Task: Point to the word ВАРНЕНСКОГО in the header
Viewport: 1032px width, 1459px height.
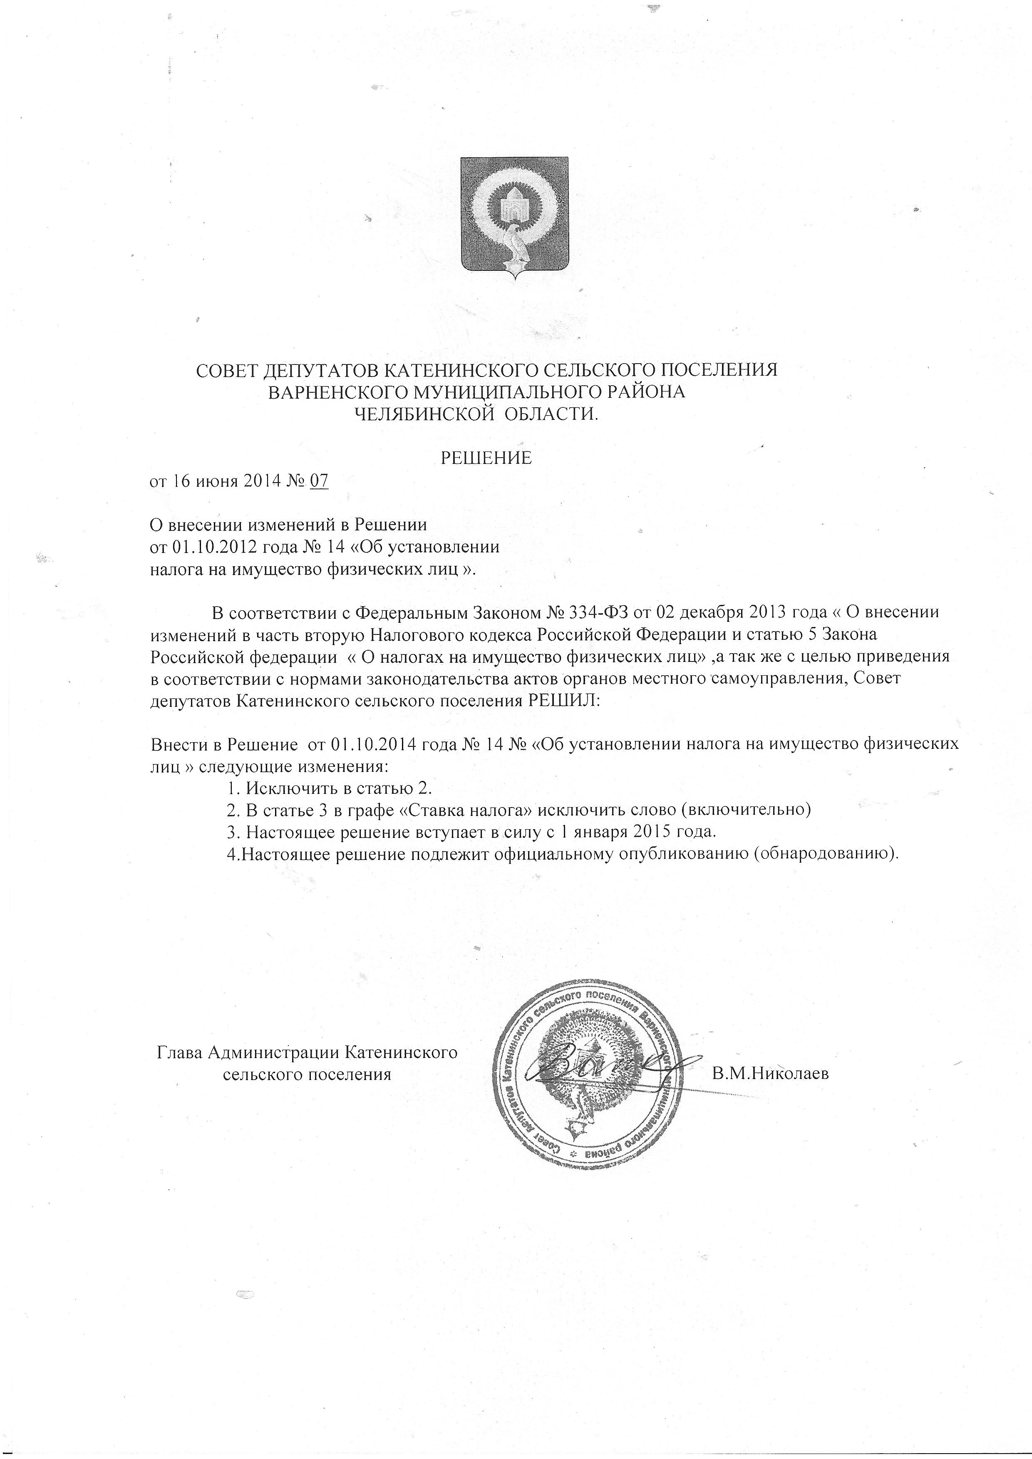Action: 332,392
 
